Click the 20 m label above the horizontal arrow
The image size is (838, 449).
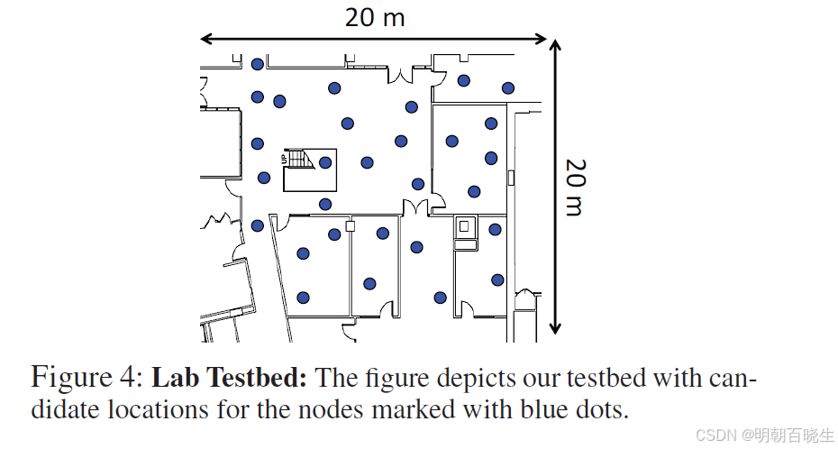(374, 16)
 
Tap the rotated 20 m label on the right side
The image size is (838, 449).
(576, 187)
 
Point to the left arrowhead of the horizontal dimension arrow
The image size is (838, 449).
(205, 39)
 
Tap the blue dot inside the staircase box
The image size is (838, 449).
(325, 162)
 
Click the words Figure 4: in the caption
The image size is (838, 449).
(85, 376)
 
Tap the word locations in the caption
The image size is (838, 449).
(161, 409)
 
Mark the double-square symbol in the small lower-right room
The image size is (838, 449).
(465, 226)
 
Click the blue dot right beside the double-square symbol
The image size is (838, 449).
(495, 229)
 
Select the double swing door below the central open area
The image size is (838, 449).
(415, 208)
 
